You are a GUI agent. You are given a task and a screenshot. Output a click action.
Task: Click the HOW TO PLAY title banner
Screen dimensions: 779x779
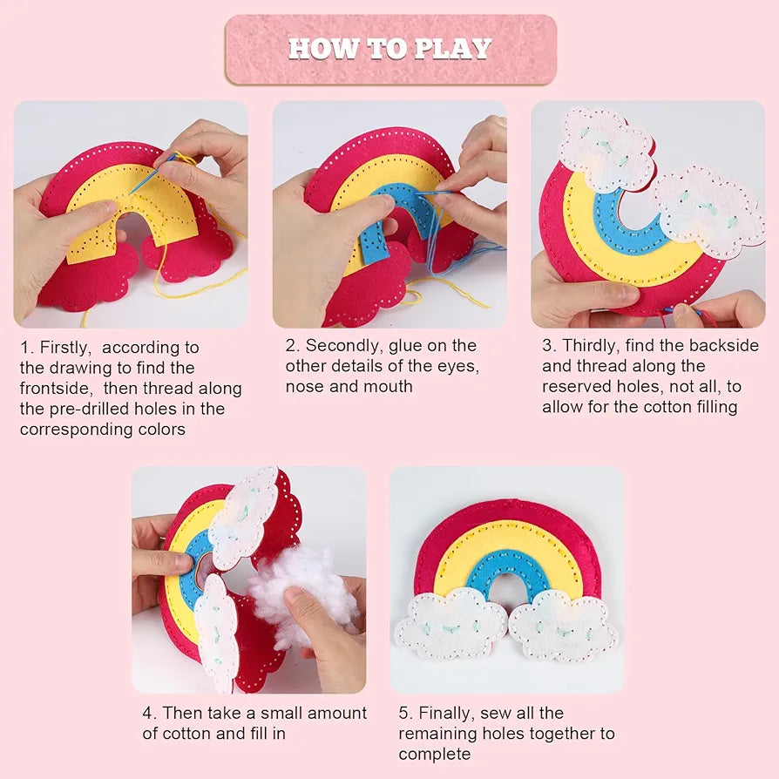click(x=389, y=49)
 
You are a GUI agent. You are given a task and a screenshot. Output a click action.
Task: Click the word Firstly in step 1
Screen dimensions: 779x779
click(x=66, y=348)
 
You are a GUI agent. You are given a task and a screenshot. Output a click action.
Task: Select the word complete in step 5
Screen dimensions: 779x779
click(x=434, y=754)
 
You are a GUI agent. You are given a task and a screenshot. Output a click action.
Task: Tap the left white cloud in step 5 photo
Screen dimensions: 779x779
click(x=450, y=624)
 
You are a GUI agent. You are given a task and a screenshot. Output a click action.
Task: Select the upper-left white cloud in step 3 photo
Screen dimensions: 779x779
click(x=606, y=148)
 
